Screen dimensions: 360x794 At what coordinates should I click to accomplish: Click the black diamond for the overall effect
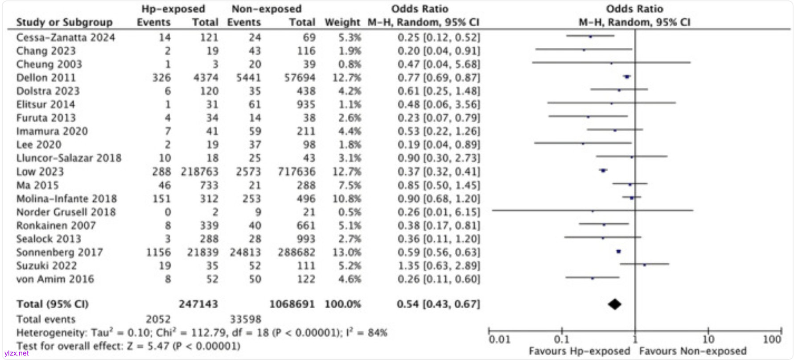coord(614,304)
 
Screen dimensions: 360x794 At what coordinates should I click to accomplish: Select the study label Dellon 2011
coord(46,78)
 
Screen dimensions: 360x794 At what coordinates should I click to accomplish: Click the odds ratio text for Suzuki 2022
coord(439,266)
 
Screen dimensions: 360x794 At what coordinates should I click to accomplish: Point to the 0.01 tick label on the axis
coord(499,339)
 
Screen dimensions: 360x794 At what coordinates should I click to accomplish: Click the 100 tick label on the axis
coord(772,339)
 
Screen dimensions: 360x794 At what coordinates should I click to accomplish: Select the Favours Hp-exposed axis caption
coord(579,351)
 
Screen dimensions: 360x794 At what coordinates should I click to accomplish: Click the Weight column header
coord(342,22)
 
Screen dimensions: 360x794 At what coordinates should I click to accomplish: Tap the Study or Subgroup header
coord(64,22)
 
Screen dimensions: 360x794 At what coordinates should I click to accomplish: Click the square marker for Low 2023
coord(603,170)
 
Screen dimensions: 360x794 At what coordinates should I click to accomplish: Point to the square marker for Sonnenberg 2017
coord(618,252)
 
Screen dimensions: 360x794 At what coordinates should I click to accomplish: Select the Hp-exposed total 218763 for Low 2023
coord(199,172)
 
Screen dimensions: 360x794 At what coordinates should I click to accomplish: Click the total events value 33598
coord(245,319)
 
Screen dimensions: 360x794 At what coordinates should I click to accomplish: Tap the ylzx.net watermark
coord(16,353)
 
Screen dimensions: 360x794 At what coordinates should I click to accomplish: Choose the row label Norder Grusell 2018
coord(66,212)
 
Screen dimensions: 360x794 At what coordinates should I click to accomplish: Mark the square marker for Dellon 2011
coord(627,77)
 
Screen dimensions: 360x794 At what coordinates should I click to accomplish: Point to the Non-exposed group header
coord(267,9)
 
